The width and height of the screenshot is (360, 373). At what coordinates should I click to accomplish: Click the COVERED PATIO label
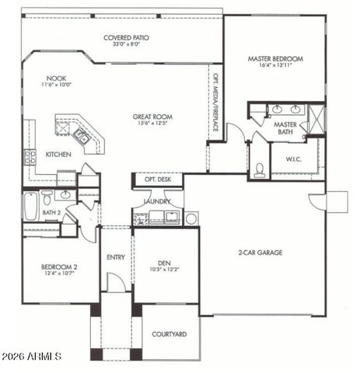(127, 37)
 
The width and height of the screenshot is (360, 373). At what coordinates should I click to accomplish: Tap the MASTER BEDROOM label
(275, 59)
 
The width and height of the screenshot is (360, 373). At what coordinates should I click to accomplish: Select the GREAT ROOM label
(152, 117)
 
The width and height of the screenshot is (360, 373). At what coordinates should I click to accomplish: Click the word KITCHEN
(58, 155)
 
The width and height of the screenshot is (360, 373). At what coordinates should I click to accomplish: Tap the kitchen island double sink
(80, 136)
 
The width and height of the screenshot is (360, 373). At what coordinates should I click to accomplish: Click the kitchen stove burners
(30, 155)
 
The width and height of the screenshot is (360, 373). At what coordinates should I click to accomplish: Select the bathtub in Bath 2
(30, 207)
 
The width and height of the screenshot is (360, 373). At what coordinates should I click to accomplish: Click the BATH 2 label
(51, 212)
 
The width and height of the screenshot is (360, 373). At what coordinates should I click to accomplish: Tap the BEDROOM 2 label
(58, 267)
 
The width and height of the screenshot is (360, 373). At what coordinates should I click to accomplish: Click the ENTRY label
(115, 257)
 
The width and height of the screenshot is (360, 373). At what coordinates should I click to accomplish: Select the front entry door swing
(115, 283)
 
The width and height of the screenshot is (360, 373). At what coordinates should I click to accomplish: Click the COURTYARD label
(169, 334)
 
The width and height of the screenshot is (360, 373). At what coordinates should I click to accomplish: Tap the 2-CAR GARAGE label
(260, 253)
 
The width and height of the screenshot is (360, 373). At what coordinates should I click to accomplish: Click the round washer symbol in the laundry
(191, 218)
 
